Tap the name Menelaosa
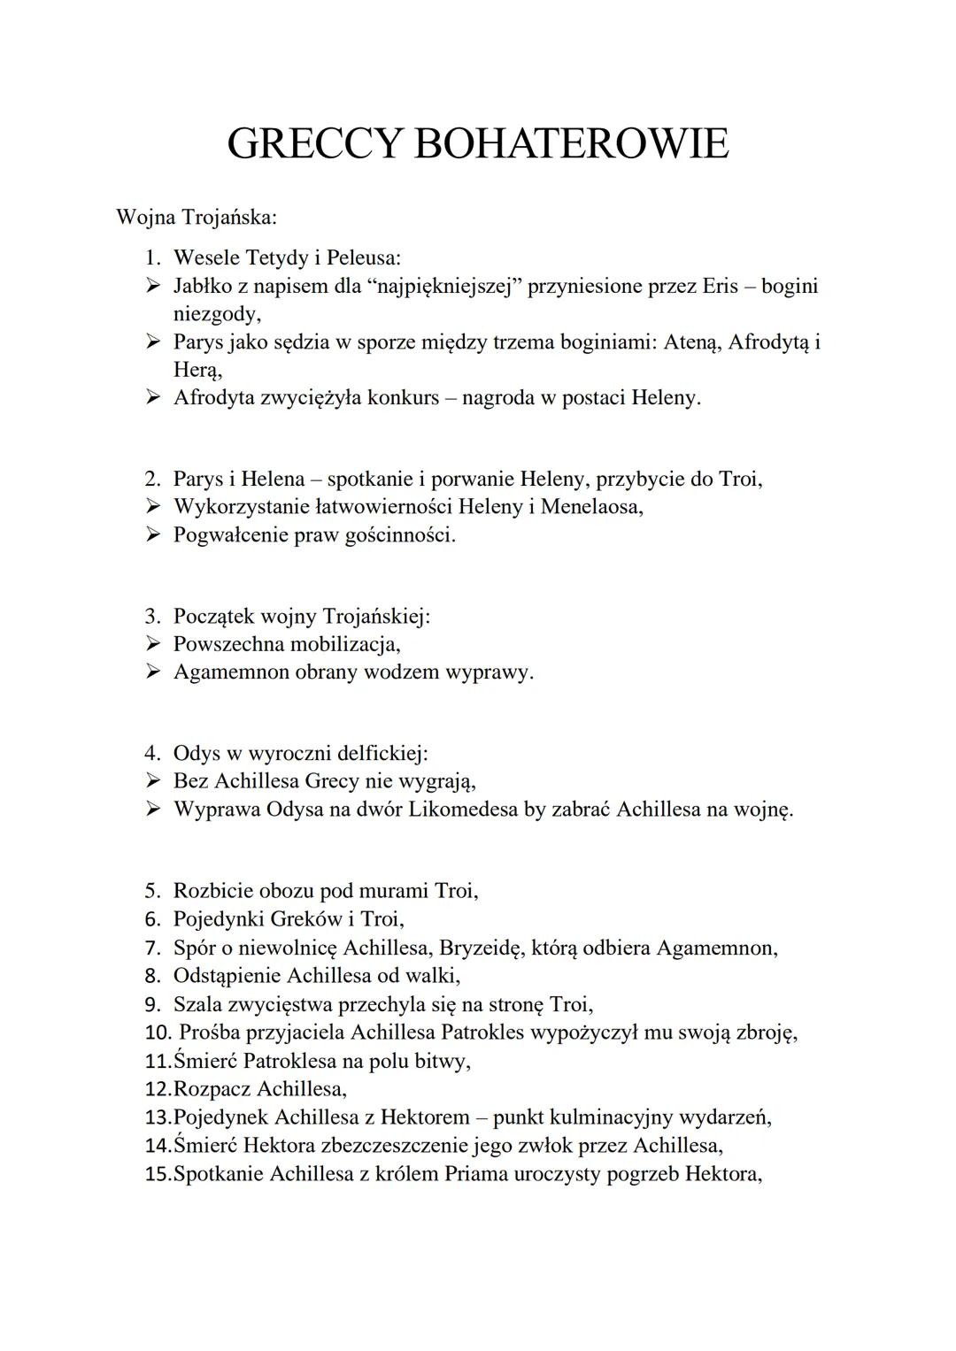pos(590,507)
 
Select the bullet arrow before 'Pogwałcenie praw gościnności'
pos(154,534)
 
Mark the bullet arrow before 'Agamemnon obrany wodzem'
pos(154,672)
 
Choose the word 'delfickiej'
pos(378,754)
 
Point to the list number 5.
pos(152,891)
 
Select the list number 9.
pos(152,1004)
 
